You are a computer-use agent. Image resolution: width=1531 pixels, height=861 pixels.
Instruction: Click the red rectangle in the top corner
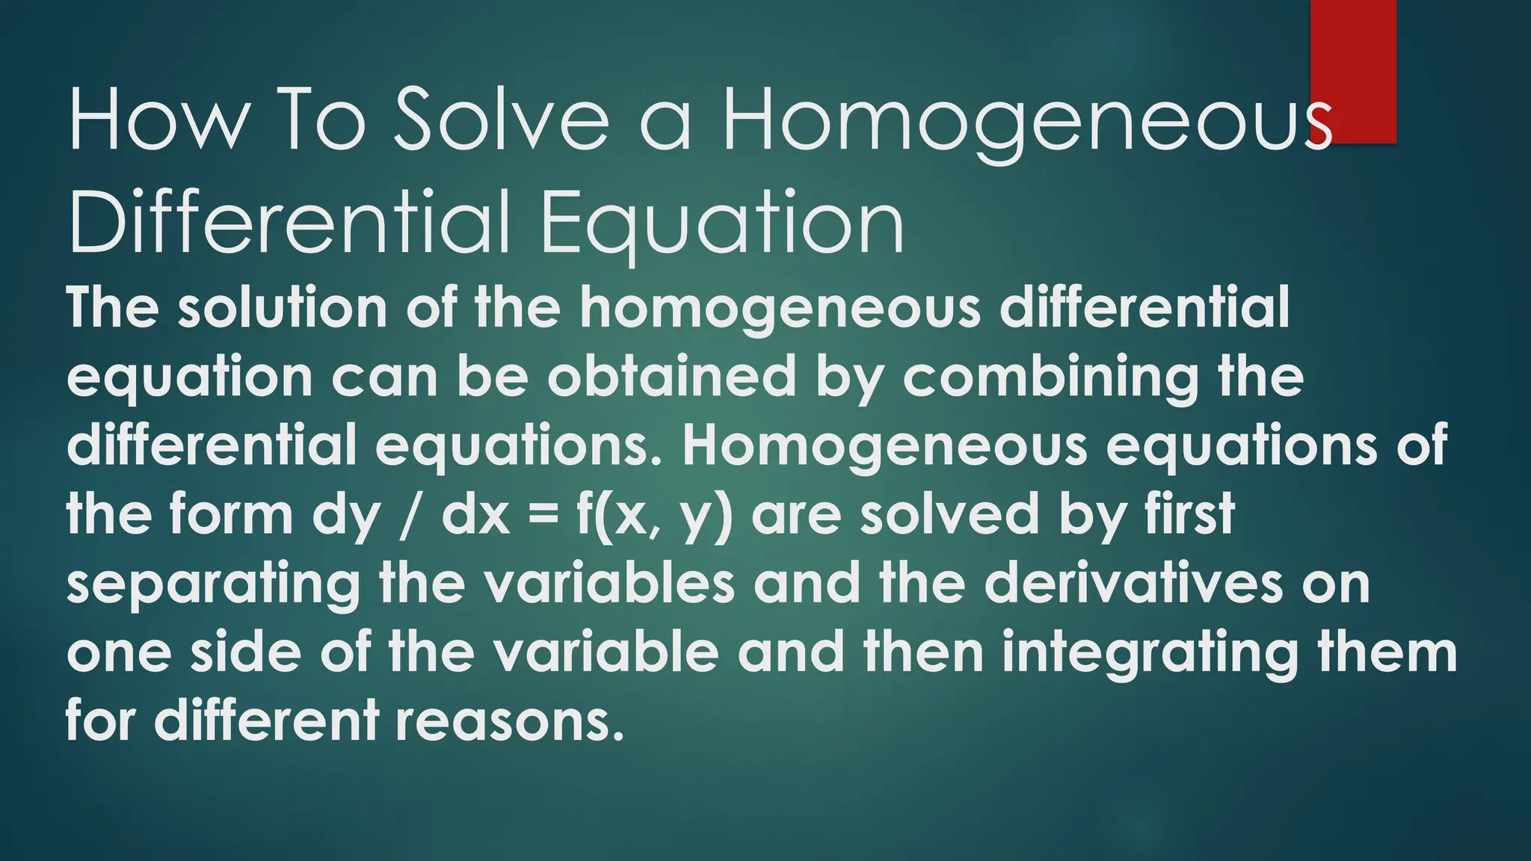[x=1353, y=71]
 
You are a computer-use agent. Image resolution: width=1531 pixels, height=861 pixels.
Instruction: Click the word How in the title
[x=158, y=120]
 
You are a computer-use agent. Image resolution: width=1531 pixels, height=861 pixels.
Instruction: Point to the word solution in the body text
[x=283, y=307]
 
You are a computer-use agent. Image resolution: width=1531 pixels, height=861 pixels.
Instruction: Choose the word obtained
[x=671, y=377]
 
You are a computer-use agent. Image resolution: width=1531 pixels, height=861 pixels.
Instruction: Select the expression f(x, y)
[x=655, y=516]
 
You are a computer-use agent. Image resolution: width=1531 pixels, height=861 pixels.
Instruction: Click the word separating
[x=213, y=584]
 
